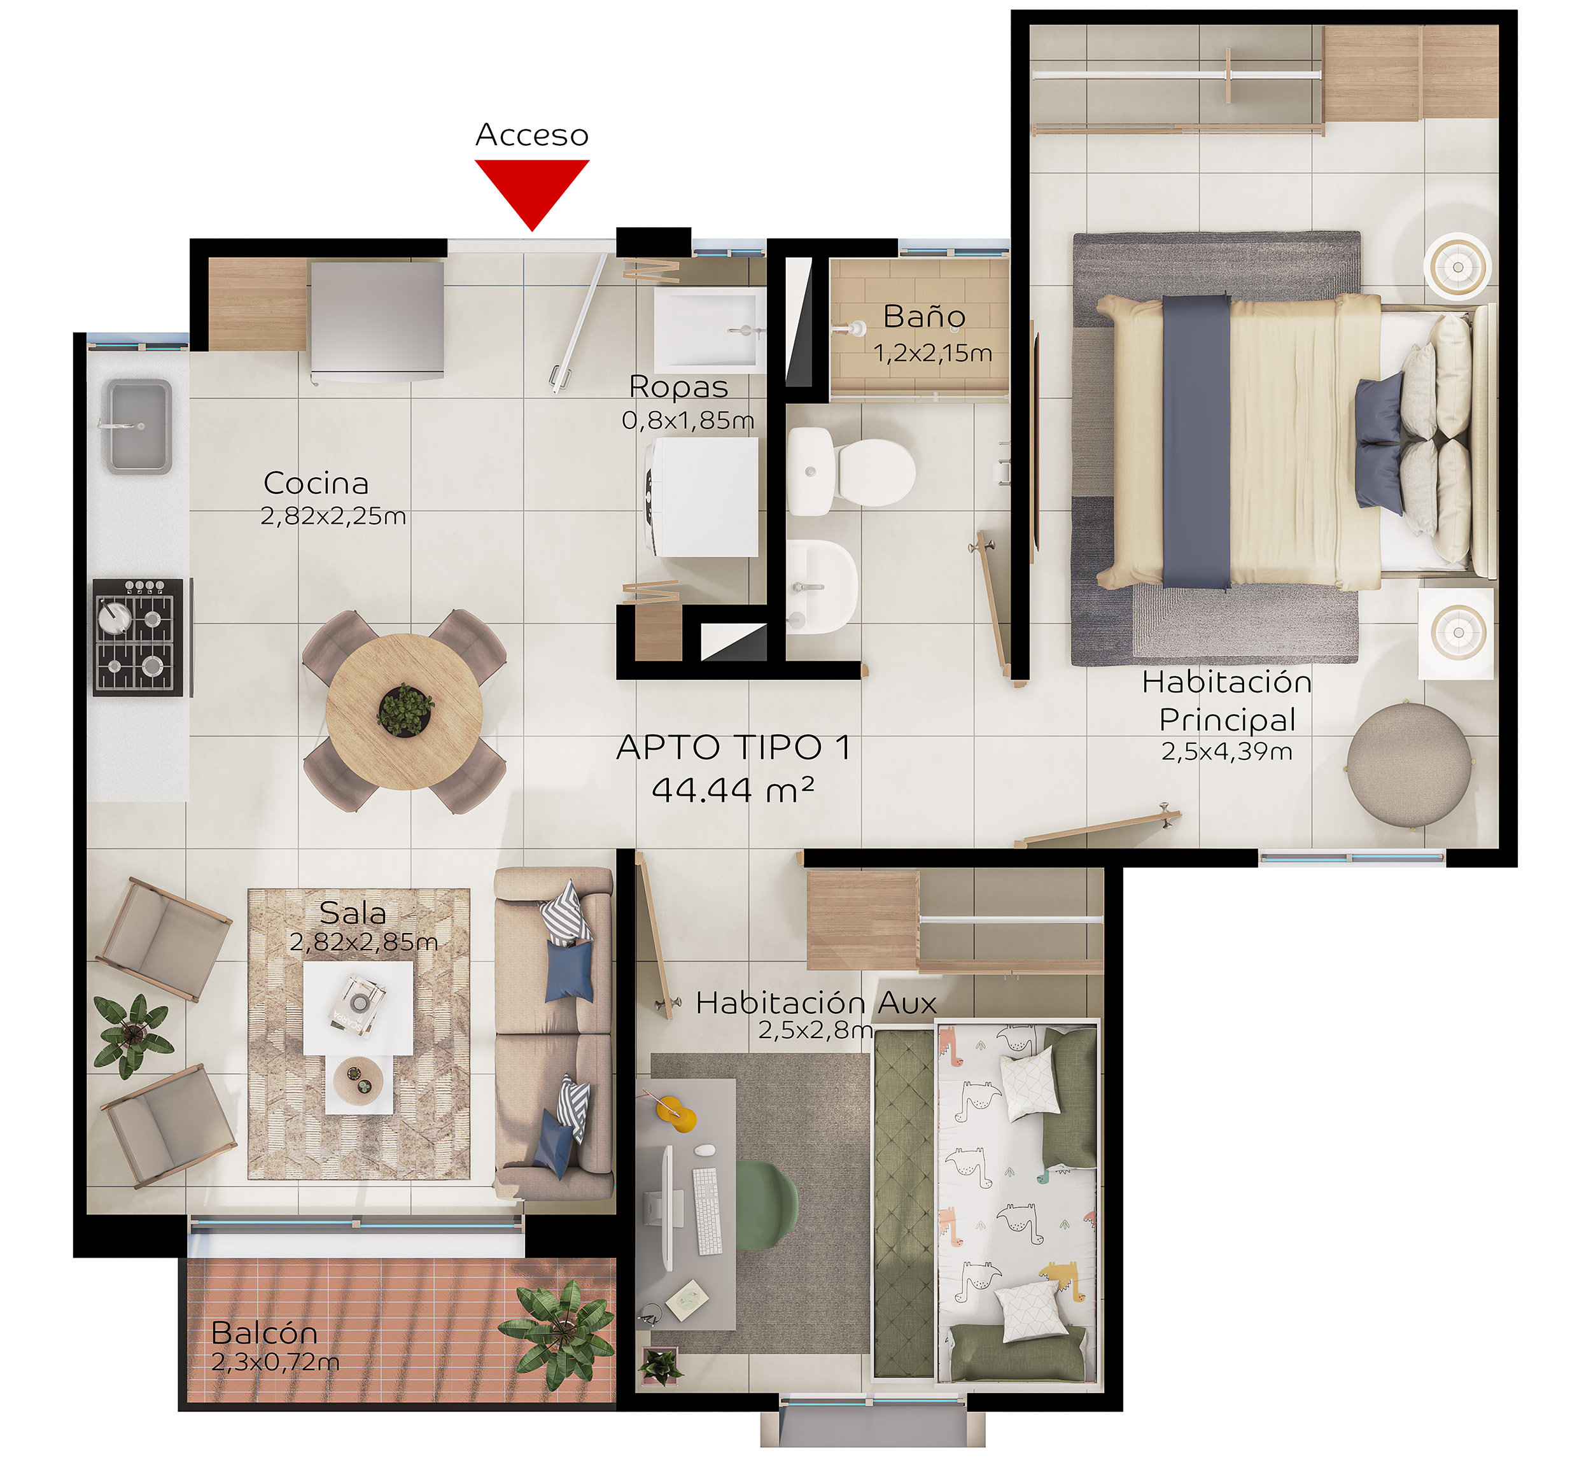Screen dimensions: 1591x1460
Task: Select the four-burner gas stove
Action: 139,637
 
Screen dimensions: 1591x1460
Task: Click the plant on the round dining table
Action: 405,708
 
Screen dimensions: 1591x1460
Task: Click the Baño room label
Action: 924,317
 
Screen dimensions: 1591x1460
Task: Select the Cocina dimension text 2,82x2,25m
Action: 333,516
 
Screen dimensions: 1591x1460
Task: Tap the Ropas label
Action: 678,387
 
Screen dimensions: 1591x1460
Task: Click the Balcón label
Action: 265,1333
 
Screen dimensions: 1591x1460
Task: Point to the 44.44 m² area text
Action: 732,789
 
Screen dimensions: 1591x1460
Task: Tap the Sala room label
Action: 353,913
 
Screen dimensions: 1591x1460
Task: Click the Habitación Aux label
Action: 816,1002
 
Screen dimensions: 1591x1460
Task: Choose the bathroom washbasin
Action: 821,586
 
